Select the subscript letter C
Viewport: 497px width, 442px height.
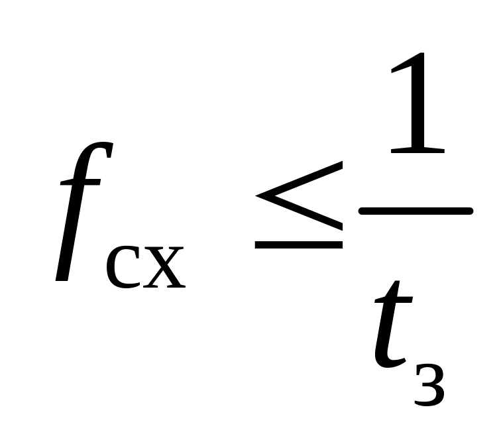pyautogui.click(x=123, y=269)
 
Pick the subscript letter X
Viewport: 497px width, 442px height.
pyautogui.click(x=162, y=269)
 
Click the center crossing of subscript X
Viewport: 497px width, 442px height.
pyautogui.click(x=162, y=268)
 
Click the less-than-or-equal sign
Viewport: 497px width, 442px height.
pyautogui.click(x=298, y=212)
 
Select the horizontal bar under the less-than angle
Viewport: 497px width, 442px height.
pyautogui.click(x=298, y=245)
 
